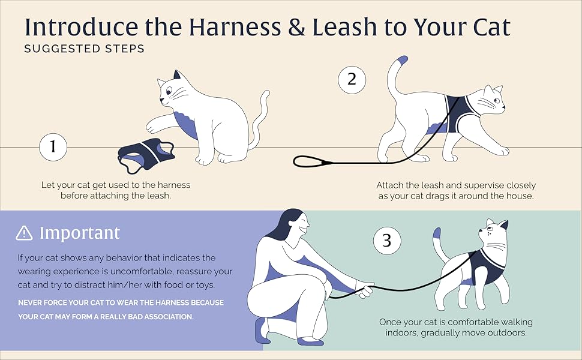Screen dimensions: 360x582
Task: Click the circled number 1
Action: click(52, 148)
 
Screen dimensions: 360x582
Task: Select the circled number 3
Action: click(386, 241)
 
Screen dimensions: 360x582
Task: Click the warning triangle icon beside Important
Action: click(25, 233)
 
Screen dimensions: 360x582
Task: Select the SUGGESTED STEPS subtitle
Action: click(84, 49)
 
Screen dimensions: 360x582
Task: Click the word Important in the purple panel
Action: click(80, 233)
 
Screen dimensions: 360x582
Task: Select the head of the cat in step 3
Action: click(493, 233)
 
